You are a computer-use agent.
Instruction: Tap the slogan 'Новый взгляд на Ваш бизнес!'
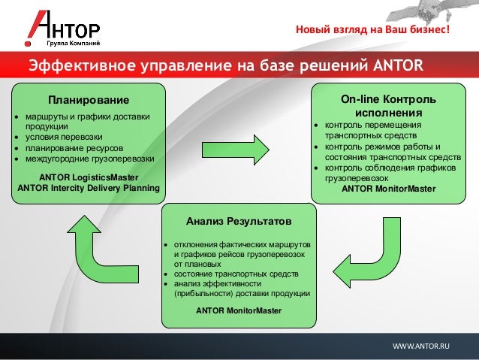372,31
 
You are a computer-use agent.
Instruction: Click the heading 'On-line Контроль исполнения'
387,105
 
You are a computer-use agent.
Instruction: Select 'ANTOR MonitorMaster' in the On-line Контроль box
388,189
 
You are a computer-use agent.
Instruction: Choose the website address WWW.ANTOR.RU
421,345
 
